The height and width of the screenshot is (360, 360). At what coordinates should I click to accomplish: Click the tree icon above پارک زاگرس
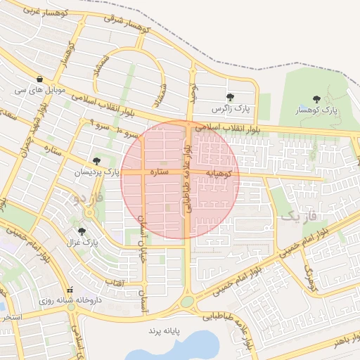point(230,97)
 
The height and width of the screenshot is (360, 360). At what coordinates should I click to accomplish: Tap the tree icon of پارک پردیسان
point(96,161)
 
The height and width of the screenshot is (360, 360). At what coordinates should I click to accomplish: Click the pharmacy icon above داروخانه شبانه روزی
point(70,290)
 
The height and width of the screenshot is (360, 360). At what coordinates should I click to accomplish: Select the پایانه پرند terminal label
point(164,330)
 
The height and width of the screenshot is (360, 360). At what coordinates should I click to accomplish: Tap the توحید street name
point(190,91)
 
